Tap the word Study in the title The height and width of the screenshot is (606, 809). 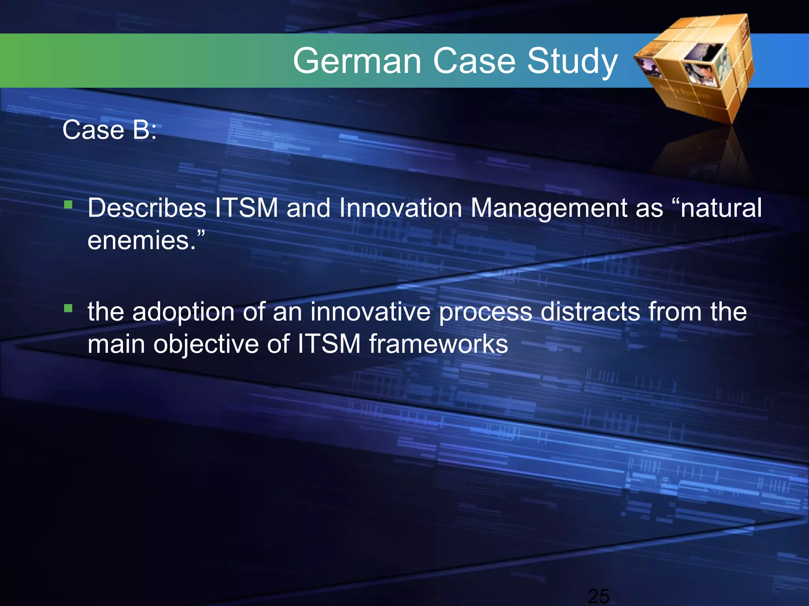coord(572,62)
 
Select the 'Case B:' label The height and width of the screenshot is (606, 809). coord(109,130)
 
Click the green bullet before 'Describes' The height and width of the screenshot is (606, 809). coord(68,205)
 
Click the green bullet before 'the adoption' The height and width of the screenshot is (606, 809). coord(68,308)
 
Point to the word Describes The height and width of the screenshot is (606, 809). coord(147,208)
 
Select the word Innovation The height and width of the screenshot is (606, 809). coord(401,208)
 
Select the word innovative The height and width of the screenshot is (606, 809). coord(370,312)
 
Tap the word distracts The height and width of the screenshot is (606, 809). coord(590,312)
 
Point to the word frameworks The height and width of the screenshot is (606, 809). coord(438,344)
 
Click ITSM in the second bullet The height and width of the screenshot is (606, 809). coord(329,344)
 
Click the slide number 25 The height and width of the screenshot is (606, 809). coord(598,596)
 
